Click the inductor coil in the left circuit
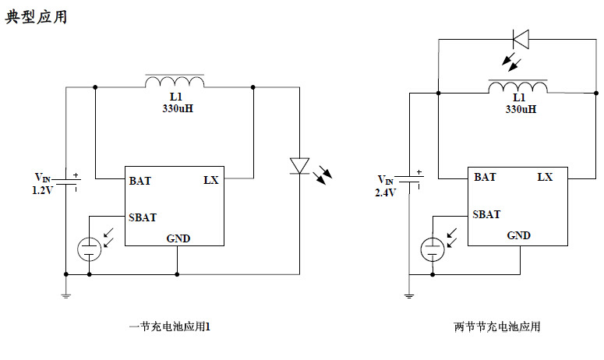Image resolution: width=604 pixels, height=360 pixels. (x=175, y=82)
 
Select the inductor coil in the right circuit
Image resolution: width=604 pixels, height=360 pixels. (x=517, y=86)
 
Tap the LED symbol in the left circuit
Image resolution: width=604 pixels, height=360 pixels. (x=299, y=165)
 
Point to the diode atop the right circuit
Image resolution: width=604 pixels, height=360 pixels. (x=521, y=37)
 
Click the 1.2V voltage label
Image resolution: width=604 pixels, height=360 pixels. (x=43, y=189)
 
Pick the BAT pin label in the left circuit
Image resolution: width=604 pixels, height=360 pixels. (x=140, y=181)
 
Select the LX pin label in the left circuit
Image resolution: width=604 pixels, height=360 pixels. (x=210, y=181)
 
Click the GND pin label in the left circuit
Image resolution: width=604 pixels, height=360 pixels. (x=178, y=238)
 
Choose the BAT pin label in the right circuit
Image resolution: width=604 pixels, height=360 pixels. (x=484, y=178)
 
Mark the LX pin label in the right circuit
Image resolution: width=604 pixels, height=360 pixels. (x=545, y=178)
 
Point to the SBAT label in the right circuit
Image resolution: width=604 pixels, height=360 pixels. (x=487, y=214)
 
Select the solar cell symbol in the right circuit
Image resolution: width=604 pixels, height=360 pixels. (x=432, y=249)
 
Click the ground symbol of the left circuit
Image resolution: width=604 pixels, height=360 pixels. (x=65, y=295)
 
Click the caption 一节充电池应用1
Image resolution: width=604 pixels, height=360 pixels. (x=169, y=327)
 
